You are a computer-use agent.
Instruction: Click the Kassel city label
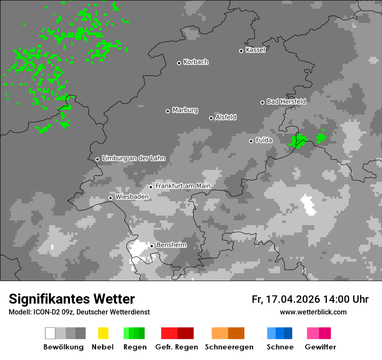[x=255, y=50]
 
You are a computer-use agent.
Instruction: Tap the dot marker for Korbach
[x=179, y=63]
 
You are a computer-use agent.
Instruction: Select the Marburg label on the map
[x=185, y=110]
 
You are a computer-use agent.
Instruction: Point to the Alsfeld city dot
[x=211, y=118]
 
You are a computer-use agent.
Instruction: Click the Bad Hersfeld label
[x=286, y=101]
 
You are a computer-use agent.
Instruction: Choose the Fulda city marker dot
[x=251, y=141]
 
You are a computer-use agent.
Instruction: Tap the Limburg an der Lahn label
[x=133, y=158]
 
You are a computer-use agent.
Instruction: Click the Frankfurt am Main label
[x=183, y=186]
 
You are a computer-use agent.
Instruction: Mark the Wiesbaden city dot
[x=110, y=198]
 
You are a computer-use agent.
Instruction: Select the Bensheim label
[x=171, y=245]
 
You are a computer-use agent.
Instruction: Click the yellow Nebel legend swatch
[x=103, y=333]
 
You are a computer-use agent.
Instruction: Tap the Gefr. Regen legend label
[x=177, y=347]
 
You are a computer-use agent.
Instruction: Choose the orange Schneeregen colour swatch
[x=228, y=333]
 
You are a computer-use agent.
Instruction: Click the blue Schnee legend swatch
[x=280, y=333]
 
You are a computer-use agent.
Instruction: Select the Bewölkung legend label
[x=63, y=347]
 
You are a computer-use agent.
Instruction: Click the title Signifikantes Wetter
[x=72, y=299]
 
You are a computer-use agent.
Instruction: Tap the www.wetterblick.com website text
[x=313, y=312]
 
